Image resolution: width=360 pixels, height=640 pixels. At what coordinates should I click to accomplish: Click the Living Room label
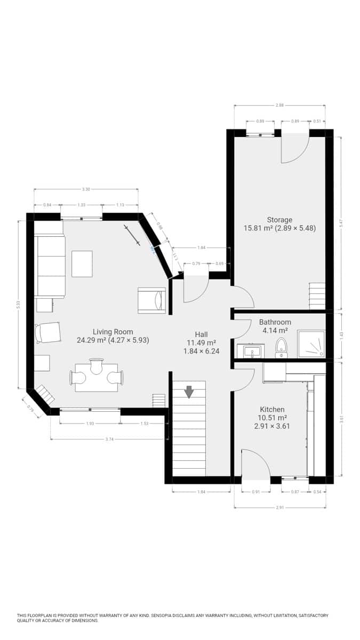(x=113, y=332)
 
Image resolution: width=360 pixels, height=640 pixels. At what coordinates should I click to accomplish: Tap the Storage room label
(x=279, y=220)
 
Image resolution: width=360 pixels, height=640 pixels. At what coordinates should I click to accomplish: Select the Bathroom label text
(x=275, y=322)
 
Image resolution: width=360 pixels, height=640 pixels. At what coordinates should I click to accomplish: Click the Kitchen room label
(x=272, y=410)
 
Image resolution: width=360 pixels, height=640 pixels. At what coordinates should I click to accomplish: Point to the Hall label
(x=201, y=335)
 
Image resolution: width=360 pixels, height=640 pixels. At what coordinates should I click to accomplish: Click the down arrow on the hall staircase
(x=189, y=392)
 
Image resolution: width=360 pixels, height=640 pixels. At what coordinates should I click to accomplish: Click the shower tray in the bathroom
(x=310, y=344)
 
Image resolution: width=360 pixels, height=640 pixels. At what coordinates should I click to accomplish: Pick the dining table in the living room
(x=97, y=378)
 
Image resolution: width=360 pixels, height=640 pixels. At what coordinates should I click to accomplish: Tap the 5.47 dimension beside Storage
(x=341, y=225)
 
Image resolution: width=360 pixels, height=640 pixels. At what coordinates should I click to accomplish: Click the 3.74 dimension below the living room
(x=109, y=439)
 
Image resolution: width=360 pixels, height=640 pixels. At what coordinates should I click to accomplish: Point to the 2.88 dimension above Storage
(x=279, y=106)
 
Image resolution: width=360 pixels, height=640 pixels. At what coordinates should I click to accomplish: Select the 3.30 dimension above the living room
(x=86, y=189)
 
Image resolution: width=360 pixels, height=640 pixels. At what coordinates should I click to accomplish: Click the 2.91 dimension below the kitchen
(x=280, y=507)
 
